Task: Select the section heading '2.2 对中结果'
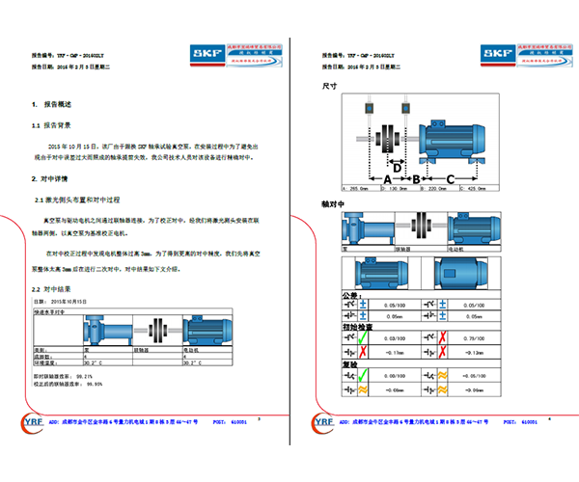[x=48, y=289]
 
